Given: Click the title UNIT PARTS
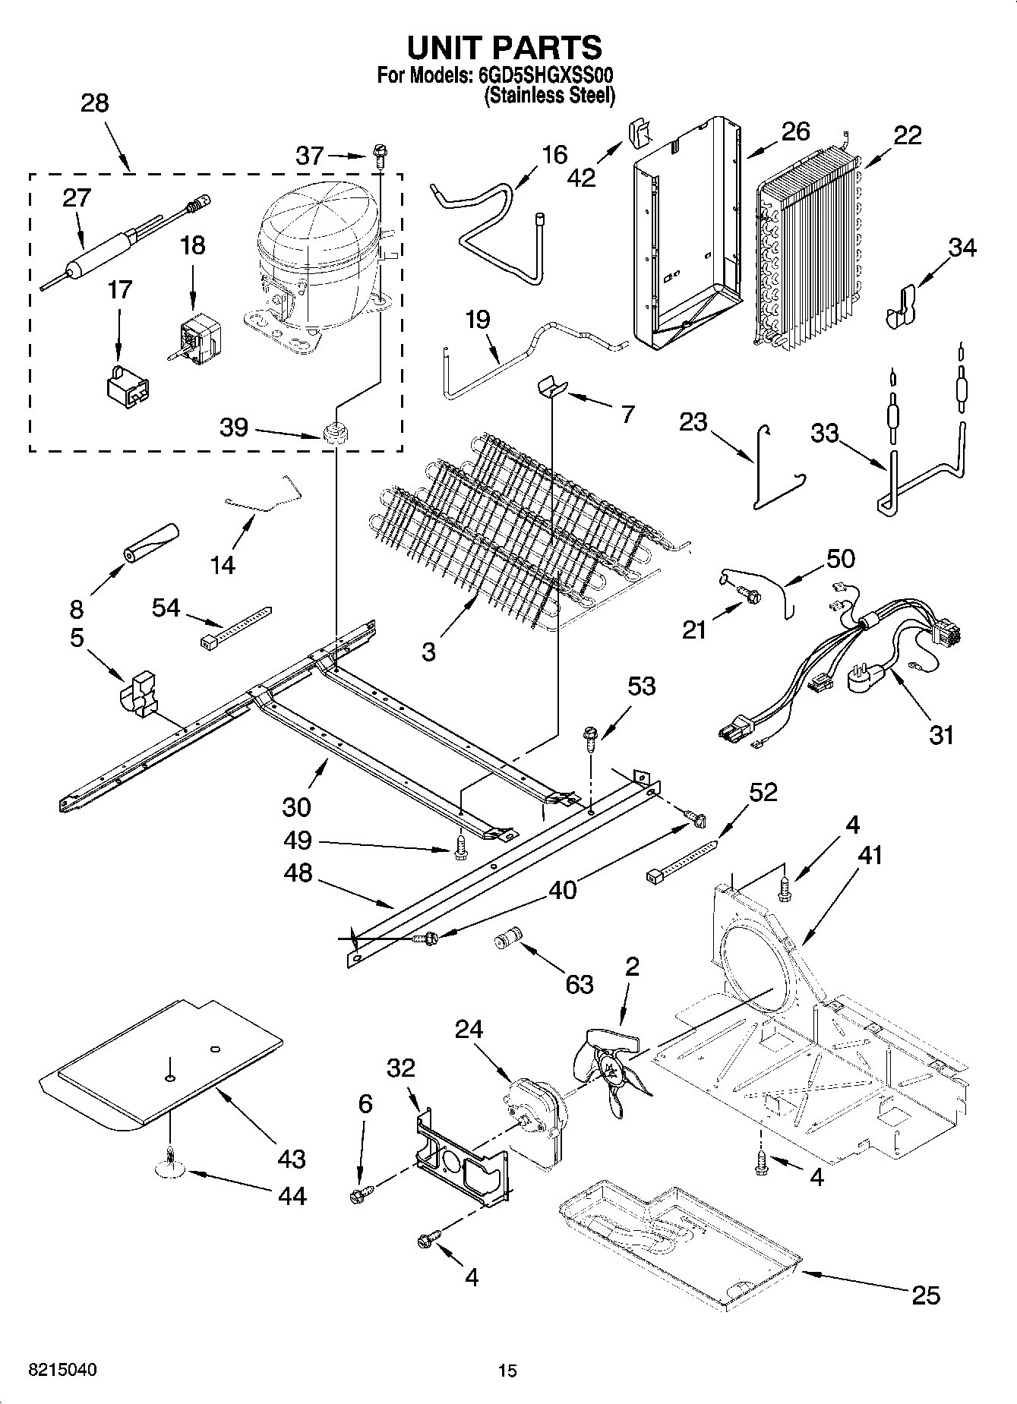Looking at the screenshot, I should [x=505, y=47].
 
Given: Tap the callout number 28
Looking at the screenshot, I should [x=94, y=103].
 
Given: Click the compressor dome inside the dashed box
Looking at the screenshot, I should [x=318, y=228].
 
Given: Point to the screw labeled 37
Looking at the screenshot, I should [x=379, y=157].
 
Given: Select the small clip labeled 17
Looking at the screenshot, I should [x=126, y=384].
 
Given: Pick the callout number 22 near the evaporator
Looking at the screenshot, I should [x=907, y=135].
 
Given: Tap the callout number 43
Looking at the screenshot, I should [x=292, y=1159].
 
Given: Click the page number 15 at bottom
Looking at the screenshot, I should [x=507, y=1370].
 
